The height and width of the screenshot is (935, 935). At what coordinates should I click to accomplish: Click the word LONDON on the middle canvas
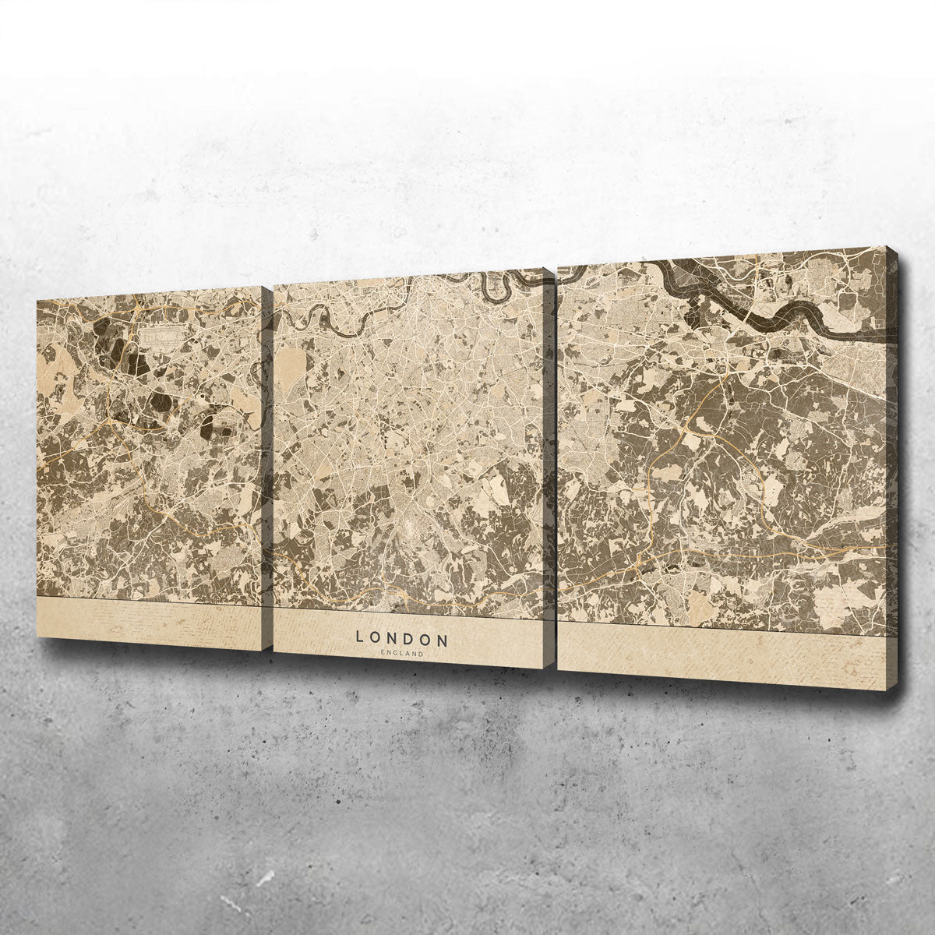[x=402, y=638]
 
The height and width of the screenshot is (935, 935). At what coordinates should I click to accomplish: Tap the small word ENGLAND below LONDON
[x=402, y=654]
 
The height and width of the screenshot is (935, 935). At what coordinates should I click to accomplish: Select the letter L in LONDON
[x=359, y=637]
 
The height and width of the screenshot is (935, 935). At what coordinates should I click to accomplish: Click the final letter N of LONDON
[x=443, y=640]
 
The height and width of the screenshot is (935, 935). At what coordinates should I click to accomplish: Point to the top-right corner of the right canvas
[x=887, y=249]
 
